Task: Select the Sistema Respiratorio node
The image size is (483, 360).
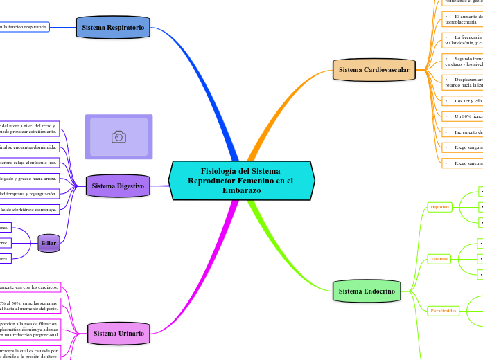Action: (x=113, y=28)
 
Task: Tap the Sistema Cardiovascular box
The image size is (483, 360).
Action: (x=374, y=70)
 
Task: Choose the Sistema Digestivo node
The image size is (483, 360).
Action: (x=118, y=186)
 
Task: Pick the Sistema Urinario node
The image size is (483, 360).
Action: (x=118, y=333)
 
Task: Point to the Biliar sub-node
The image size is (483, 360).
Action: (x=49, y=243)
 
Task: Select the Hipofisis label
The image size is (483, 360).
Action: (x=440, y=207)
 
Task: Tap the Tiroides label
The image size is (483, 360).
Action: (x=439, y=259)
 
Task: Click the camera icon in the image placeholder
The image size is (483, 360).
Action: (x=118, y=137)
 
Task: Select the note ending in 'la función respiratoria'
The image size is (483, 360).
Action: (x=24, y=27)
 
